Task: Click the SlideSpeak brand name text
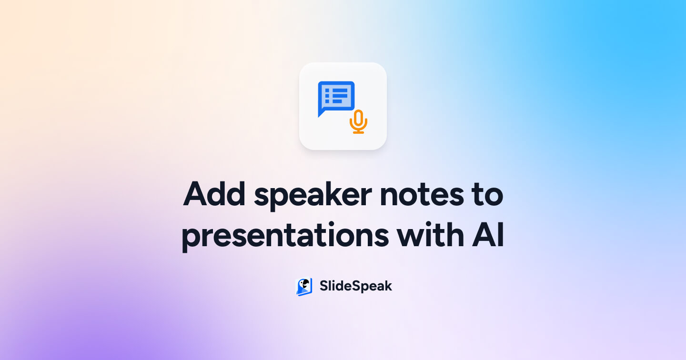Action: (x=355, y=286)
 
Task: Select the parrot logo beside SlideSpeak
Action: (x=304, y=287)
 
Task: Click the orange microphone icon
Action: (x=358, y=121)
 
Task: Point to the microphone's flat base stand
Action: (x=358, y=132)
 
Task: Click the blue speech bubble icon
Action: (x=336, y=98)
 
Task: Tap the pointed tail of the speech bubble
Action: (x=321, y=114)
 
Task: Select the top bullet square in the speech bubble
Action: (x=327, y=90)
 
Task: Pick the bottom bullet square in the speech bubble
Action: (x=327, y=102)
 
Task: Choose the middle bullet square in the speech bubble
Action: (x=327, y=96)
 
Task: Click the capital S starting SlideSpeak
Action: (x=323, y=286)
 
